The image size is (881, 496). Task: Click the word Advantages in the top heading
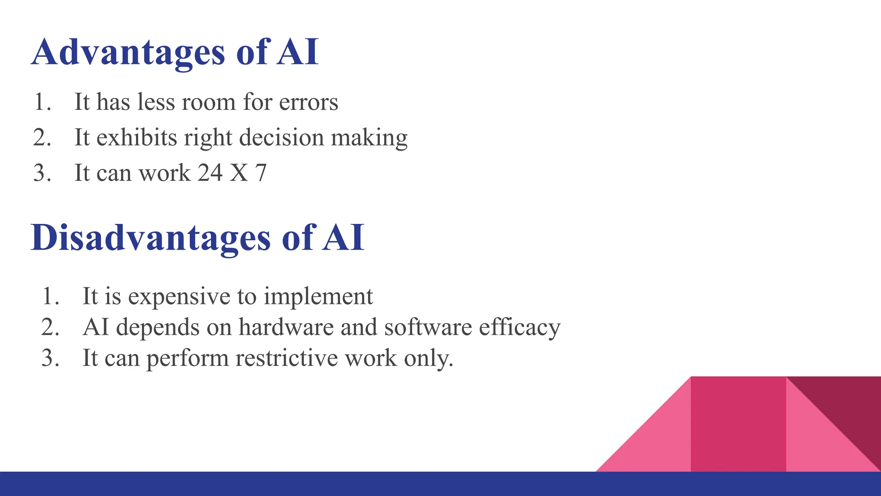128,53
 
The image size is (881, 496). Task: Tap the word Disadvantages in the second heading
151,238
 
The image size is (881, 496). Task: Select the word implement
318,296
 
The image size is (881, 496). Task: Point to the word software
428,327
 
